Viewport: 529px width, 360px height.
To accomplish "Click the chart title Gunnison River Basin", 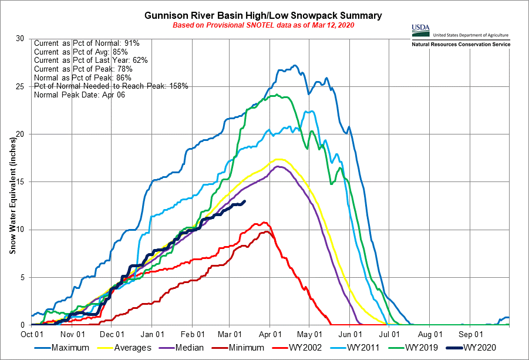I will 264,15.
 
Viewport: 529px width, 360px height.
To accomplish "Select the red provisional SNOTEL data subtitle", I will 264,26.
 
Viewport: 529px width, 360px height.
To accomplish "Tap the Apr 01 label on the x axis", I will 269,334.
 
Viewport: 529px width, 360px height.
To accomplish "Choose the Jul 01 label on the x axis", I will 389,334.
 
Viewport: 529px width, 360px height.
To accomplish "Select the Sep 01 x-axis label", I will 469,334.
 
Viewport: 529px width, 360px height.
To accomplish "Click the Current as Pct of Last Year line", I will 91,60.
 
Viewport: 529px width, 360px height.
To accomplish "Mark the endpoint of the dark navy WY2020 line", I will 244,201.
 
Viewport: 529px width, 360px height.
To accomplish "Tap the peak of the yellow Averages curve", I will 279,159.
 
